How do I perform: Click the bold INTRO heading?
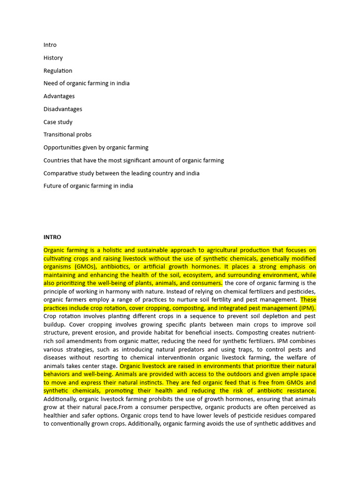tap(52, 237)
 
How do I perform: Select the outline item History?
tap(53, 58)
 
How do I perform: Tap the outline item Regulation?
tap(58, 71)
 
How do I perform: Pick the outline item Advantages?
tap(59, 96)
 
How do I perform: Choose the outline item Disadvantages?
tap(63, 109)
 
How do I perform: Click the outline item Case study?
tap(58, 122)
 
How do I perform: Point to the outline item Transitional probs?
tap(67, 135)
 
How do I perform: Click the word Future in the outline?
tap(52, 186)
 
